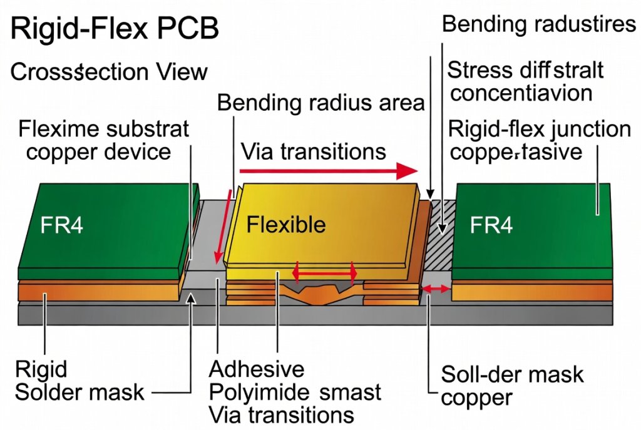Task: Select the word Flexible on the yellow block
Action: coord(286,224)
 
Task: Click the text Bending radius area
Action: coord(321,103)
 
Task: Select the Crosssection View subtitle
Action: coord(109,72)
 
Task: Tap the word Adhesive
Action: coord(257,369)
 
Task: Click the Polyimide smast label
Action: coord(294,392)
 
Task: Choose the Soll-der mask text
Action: coord(512,375)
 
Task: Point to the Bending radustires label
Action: coord(539,24)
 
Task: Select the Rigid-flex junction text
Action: coord(540,130)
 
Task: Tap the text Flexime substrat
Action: coord(103,130)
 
